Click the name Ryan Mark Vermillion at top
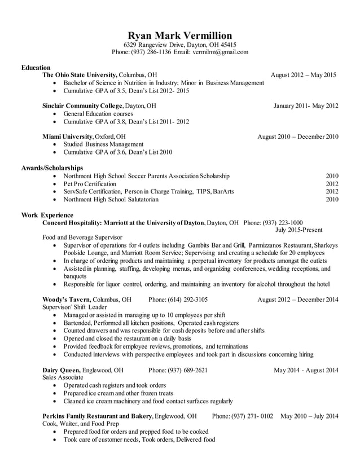tap(179, 35)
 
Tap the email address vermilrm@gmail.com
tap(219, 52)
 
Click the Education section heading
tap(36, 67)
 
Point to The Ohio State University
tap(80, 74)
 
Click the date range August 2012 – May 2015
tap(303, 74)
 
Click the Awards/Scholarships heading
tap(52, 168)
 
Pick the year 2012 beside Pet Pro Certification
tap(332, 184)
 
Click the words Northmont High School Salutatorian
tap(111, 199)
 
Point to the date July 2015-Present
tap(306, 230)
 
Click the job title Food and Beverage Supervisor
tap(82, 238)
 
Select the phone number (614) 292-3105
tap(178, 299)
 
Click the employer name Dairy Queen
tap(62, 370)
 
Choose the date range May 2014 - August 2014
tap(306, 370)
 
